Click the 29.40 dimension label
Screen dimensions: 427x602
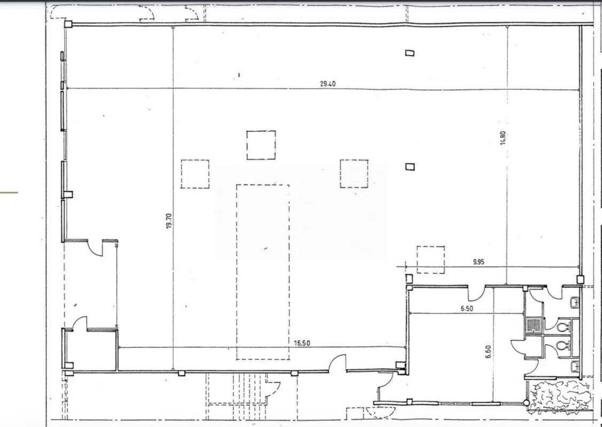327,84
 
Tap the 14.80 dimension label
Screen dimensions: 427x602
503,139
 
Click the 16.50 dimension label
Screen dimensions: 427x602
302,343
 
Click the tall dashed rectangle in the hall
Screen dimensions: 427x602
263,272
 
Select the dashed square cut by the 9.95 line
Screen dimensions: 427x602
431,259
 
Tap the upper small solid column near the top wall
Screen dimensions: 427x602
410,52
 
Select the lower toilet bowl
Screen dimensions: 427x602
562,345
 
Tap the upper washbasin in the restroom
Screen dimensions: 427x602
575,303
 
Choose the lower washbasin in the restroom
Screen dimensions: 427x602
574,367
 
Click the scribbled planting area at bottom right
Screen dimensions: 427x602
558,396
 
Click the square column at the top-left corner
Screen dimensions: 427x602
68,23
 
